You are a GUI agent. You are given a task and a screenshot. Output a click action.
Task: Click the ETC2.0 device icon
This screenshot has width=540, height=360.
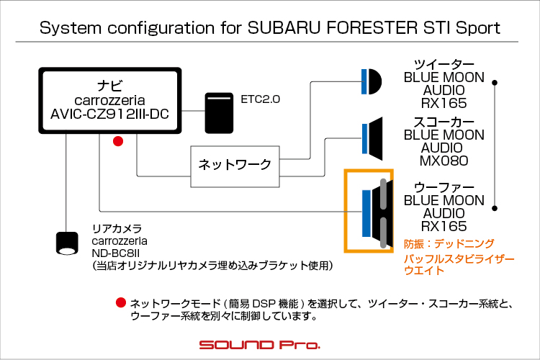(219, 113)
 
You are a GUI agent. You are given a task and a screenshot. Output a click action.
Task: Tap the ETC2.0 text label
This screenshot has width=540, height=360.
(261, 99)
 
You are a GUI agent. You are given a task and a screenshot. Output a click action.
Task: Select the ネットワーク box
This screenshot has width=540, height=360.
(235, 167)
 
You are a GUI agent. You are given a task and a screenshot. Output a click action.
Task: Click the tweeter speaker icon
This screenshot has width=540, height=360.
(372, 81)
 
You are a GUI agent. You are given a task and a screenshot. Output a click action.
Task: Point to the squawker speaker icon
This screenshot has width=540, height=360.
(372, 138)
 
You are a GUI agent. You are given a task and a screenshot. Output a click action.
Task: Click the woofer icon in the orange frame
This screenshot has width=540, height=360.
(377, 213)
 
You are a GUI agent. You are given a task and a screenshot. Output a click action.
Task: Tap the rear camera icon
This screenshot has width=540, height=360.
(67, 243)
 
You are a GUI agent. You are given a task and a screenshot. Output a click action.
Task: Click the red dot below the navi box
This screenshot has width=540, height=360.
(118, 141)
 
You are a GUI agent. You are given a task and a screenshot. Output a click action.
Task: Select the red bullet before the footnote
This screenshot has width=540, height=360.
(121, 303)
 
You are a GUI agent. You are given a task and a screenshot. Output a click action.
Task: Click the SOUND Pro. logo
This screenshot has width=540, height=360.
(260, 345)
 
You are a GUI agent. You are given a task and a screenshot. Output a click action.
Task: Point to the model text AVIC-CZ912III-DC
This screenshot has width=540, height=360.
(110, 114)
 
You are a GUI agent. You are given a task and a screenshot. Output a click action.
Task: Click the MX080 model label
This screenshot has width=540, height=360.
(444, 161)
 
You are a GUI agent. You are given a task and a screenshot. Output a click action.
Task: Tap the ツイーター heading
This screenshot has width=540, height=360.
(444, 64)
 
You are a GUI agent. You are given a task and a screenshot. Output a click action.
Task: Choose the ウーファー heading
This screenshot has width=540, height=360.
(444, 187)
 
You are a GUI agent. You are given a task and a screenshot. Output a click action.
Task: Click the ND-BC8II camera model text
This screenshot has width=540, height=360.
(116, 253)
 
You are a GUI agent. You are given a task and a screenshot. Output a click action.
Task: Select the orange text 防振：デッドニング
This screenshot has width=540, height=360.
(449, 244)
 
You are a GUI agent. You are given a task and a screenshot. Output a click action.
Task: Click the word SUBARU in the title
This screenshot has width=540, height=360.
(284, 27)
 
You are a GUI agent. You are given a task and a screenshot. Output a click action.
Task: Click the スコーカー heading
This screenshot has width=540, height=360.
(444, 122)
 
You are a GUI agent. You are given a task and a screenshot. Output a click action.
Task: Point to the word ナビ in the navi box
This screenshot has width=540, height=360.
(110, 86)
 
